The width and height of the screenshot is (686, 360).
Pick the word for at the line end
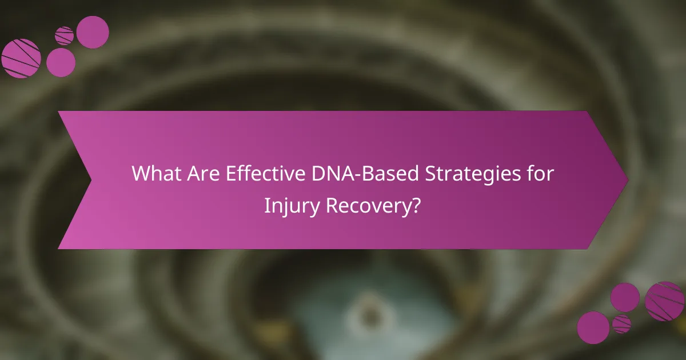click(540, 174)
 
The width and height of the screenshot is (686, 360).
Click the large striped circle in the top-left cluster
click(21, 58)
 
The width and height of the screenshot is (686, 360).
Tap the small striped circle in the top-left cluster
click(65, 35)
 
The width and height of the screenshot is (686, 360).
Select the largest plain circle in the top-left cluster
click(93, 32)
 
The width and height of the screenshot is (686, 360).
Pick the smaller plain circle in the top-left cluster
click(61, 62)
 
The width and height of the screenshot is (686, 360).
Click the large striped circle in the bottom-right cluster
click(664, 301)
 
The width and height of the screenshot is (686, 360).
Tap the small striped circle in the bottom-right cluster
click(621, 323)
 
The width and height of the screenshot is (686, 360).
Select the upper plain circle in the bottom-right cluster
click(625, 297)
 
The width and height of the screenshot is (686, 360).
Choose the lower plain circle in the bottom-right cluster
click(593, 327)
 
